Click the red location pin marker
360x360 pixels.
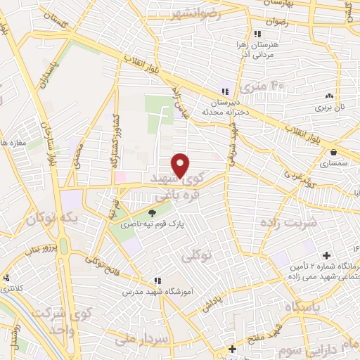coord(181,164)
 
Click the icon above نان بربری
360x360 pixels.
coord(328,96)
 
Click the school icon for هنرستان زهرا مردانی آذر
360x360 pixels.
coord(258,34)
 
